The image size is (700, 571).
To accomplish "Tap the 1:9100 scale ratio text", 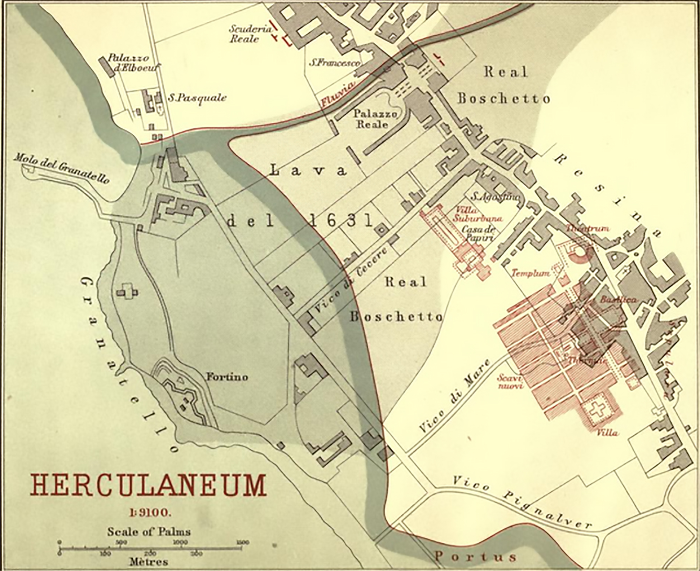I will [x=149, y=514].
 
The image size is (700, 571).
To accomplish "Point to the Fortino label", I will [x=227, y=377].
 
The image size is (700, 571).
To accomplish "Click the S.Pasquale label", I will [x=196, y=98].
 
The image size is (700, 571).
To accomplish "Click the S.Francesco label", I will [x=335, y=63].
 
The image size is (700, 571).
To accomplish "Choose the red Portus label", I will [x=475, y=556].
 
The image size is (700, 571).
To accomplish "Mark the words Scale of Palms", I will [x=149, y=532].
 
